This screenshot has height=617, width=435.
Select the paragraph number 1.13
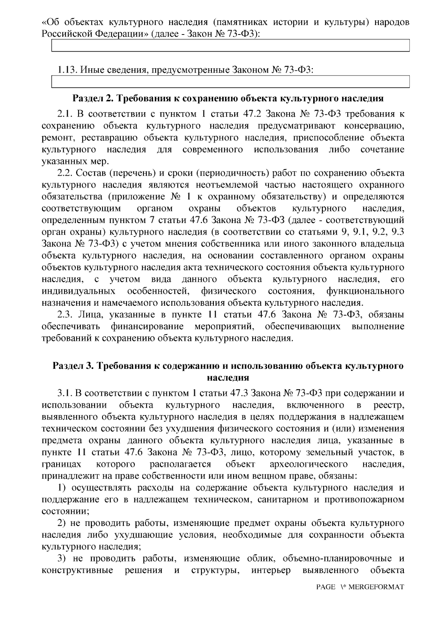pyautogui.click(x=67, y=69)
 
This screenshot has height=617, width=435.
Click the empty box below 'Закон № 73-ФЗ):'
pyautogui.click(x=231, y=46)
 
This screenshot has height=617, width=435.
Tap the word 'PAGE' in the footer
pyautogui.click(x=326, y=597)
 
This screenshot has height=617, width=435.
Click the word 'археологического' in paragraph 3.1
pyautogui.click(x=308, y=464)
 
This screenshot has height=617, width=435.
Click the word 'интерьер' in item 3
pyautogui.click(x=271, y=570)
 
